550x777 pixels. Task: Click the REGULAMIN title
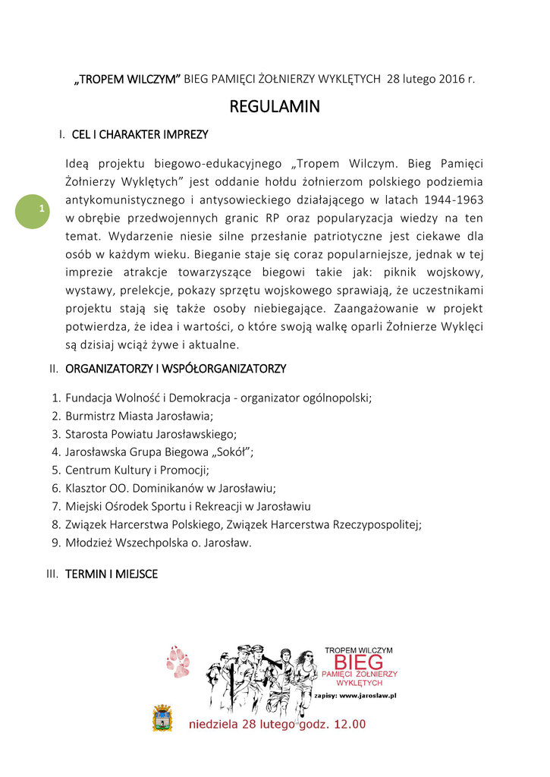click(x=275, y=107)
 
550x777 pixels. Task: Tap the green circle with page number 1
click(x=33, y=209)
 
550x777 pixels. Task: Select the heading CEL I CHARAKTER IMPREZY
click(x=140, y=135)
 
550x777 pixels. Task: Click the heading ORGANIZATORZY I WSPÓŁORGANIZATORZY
click(x=175, y=369)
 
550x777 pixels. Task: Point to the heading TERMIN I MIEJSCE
click(x=112, y=574)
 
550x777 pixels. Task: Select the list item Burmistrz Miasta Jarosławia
click(x=139, y=416)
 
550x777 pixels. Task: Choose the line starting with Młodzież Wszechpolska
click(x=158, y=543)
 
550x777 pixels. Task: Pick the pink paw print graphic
click(x=178, y=662)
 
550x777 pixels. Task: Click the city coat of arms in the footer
click(x=162, y=718)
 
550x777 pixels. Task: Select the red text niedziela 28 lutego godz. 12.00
click(x=277, y=724)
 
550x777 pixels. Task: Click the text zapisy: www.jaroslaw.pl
click(x=360, y=695)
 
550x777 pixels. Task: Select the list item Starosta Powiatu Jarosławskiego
click(x=151, y=434)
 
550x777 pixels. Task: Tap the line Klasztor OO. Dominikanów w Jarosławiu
click(x=171, y=489)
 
